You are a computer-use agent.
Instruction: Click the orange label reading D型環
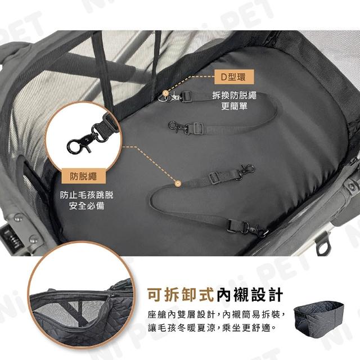pos(234,76)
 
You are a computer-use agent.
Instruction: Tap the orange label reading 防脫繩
pos(84,176)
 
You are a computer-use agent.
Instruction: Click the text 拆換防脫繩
pos(234,95)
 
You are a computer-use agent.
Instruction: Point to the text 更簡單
pos(234,106)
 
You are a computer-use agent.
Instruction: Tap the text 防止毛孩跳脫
pos(87,195)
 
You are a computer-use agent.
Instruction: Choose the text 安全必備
pos(87,206)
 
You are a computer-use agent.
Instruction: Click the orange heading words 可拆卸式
pos(181,295)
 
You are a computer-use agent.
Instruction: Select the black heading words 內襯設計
pos(250,295)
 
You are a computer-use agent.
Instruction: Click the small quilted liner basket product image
pos(319,316)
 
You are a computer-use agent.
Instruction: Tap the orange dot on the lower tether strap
pos(178,183)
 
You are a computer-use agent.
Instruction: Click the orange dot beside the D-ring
pos(165,93)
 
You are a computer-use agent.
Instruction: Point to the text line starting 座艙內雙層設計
pos(217,314)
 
